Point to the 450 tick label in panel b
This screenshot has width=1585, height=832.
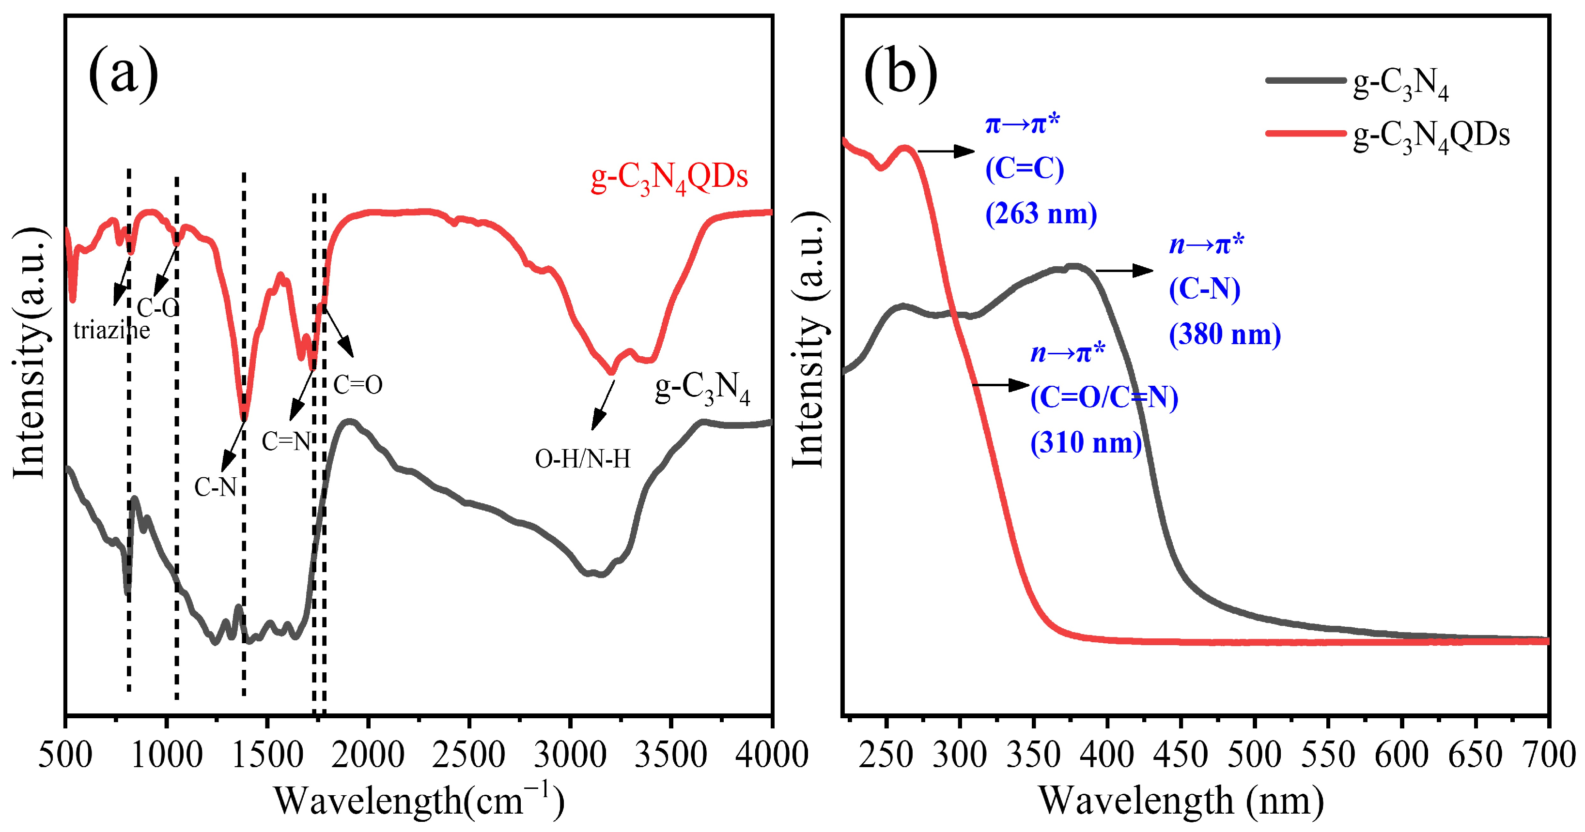pos(1181,755)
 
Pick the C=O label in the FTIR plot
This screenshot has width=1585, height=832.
pos(357,385)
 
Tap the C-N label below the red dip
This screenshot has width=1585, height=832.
pos(216,487)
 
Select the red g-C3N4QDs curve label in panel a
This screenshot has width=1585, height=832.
pos(669,177)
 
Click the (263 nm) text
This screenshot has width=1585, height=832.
pos(1041,214)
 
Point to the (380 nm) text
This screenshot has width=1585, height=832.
pos(1225,334)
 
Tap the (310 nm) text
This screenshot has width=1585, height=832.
pos(1086,443)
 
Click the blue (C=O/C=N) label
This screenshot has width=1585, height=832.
pos(1104,397)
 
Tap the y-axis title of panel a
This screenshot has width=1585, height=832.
pos(30,354)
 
